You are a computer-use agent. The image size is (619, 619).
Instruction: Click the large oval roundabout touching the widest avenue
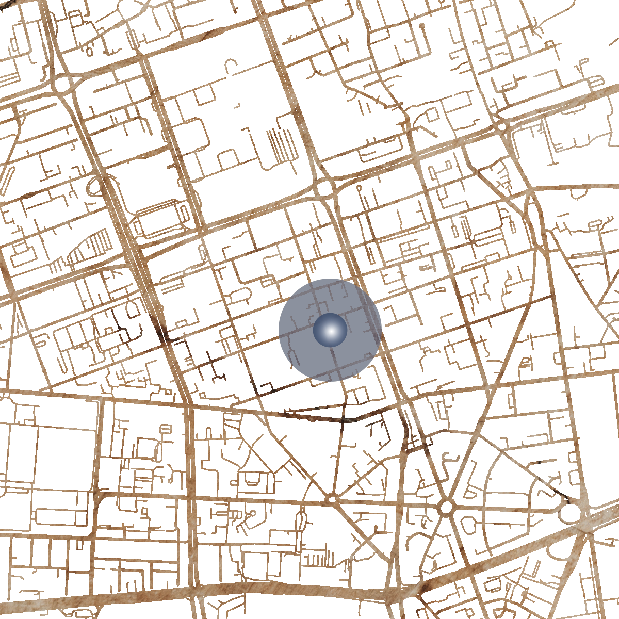(570, 512)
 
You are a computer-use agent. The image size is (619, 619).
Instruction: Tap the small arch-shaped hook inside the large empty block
(231, 64)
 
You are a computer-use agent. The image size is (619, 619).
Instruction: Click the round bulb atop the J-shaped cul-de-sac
(421, 25)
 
